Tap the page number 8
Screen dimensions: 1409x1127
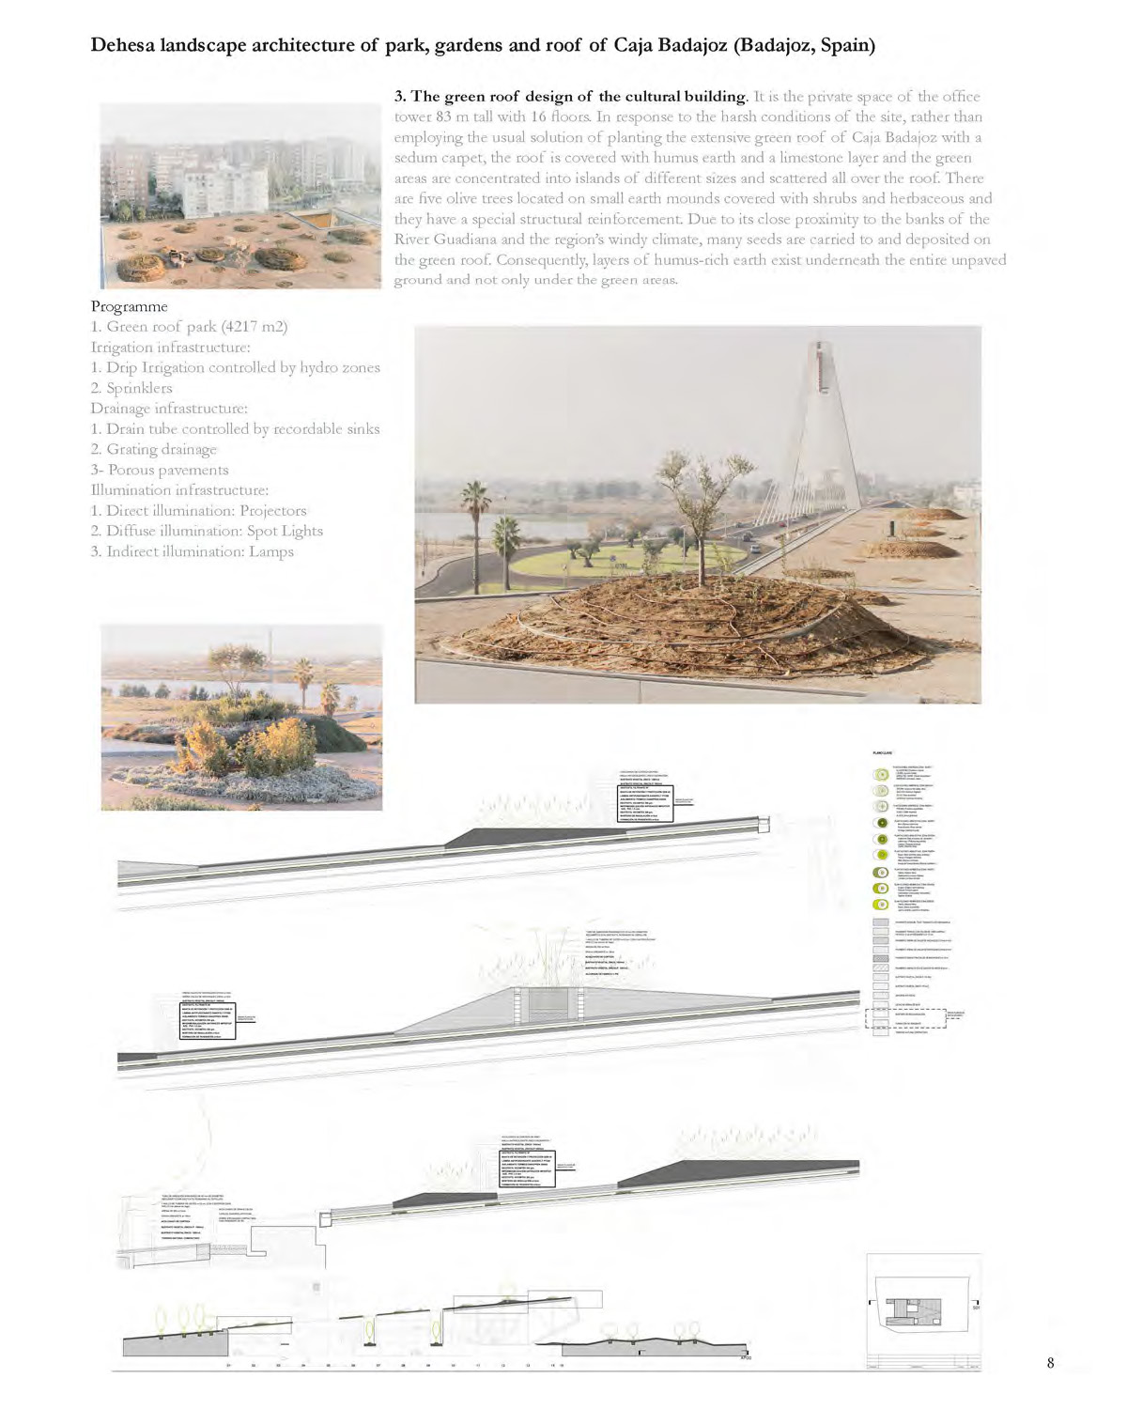[x=1050, y=1363]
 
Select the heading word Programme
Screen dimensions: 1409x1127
[x=129, y=306]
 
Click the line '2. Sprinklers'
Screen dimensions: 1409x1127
[x=131, y=388]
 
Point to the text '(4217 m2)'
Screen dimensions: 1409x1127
[x=254, y=327]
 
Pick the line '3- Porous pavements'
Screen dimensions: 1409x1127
[x=160, y=470]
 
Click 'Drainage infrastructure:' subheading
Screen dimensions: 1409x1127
[x=169, y=409]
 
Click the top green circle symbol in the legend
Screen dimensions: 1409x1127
[x=881, y=775]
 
